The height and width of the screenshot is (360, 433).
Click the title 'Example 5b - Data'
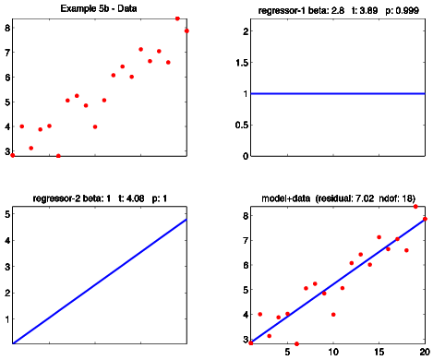tap(99, 8)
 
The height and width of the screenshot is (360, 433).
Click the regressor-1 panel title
tap(338, 10)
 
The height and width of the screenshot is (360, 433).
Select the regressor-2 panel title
tap(100, 198)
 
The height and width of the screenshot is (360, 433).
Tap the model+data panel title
tap(338, 198)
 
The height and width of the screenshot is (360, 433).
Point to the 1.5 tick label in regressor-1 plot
tap(243, 63)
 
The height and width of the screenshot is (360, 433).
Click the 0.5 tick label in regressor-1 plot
tap(242, 126)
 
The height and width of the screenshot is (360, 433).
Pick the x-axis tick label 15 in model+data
tap(379, 352)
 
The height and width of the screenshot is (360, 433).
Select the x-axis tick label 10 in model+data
tap(333, 352)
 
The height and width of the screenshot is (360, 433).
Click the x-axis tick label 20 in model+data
tap(425, 352)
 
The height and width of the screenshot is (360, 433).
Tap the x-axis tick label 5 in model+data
tap(287, 352)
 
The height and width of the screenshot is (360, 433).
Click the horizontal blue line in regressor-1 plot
tap(338, 93)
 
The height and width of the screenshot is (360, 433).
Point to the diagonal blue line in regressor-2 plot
tap(100, 282)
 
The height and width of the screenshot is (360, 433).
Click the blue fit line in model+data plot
tap(338, 281)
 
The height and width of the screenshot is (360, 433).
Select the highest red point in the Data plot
tap(177, 18)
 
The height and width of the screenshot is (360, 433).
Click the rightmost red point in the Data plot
tap(186, 30)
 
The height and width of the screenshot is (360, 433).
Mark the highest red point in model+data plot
tap(415, 207)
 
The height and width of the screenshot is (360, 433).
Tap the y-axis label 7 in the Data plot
tap(7, 53)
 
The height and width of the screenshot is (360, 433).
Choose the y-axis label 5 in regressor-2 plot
tap(7, 214)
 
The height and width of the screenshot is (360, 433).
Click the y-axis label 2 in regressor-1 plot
tap(246, 31)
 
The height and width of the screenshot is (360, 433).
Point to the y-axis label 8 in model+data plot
tap(246, 216)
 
